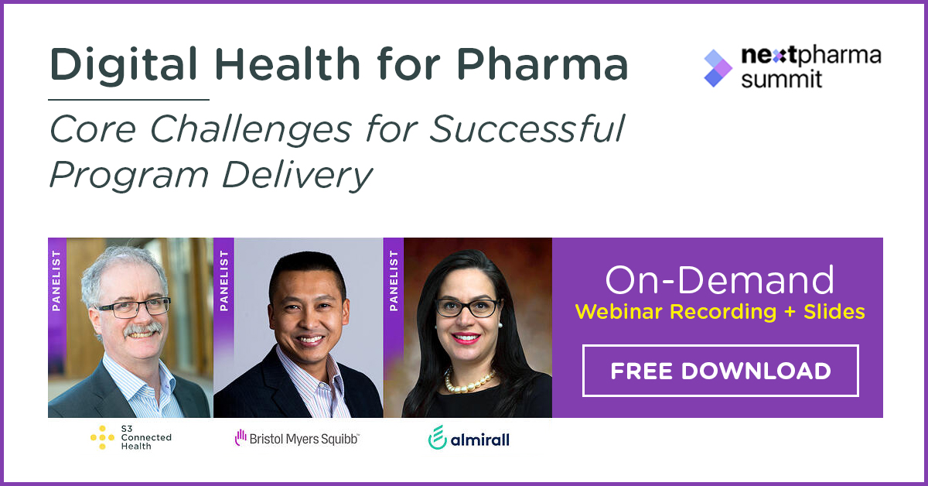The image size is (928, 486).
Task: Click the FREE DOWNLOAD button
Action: coord(720,371)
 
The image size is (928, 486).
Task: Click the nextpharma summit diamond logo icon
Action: coord(718,67)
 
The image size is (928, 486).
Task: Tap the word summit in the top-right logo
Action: coord(781,79)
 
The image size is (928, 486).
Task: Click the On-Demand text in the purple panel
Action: coord(719,279)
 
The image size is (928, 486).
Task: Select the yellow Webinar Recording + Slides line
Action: coord(719,312)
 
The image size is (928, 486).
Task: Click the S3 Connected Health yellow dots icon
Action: coord(102,438)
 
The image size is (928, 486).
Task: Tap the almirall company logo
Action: coord(469,438)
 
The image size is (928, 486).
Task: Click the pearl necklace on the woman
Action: coord(469,379)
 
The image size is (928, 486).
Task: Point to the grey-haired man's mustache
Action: coord(142,329)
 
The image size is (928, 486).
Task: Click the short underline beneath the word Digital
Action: coord(128,100)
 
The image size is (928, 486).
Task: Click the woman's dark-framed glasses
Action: coord(467,307)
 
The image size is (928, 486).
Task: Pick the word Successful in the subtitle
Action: coord(527,130)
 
